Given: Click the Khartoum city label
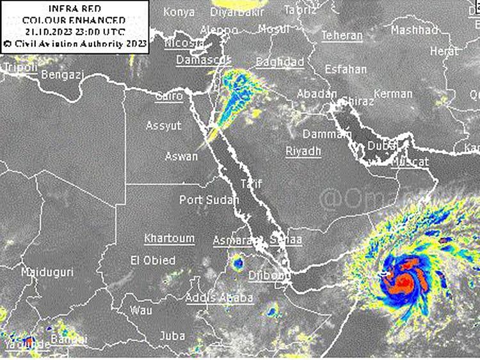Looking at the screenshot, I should pos(169,238).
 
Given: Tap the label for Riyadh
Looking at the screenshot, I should pos(303,151).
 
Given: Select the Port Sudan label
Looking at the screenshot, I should pos(209,200).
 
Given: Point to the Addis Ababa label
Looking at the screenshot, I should pos(219,297).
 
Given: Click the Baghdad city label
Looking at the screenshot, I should pos(280,62).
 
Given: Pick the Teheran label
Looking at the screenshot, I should pos(341,35).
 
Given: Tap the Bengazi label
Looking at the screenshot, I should pos(62,75).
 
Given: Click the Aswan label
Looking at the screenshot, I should pos(181,155).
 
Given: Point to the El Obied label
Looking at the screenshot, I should pos(152,260).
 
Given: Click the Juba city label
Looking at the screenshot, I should pos(172,335).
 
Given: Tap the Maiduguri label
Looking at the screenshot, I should pos(47,272).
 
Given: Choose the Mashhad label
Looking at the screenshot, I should pos(414,30).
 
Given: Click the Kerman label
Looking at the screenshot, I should pos(393,94).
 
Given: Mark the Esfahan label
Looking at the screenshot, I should pos(346,68).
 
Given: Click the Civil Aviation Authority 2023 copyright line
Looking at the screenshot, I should pos(75,43).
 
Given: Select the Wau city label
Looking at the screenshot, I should pos(141,310).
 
